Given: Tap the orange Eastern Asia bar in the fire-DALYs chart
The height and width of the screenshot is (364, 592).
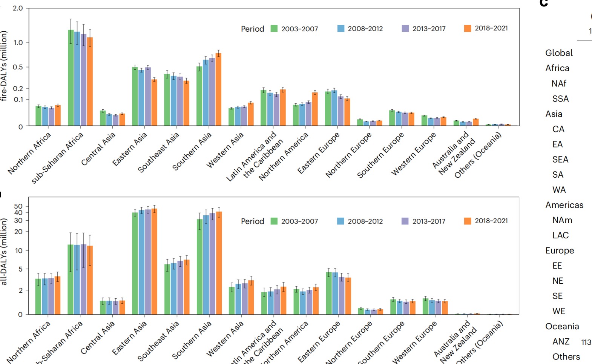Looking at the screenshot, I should (x=154, y=102).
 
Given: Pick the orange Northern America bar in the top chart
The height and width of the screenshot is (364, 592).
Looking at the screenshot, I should (x=315, y=109).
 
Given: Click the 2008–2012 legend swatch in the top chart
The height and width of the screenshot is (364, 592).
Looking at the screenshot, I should (x=341, y=29).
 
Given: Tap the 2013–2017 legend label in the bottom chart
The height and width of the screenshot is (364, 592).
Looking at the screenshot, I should (x=429, y=221).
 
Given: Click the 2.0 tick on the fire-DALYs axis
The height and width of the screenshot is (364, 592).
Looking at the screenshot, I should (x=18, y=8).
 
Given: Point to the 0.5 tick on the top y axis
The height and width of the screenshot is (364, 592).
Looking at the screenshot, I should (x=18, y=67).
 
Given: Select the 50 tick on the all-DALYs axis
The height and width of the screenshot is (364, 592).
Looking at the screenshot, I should (x=18, y=206).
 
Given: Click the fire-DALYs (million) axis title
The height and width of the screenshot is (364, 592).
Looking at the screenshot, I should (x=4, y=66).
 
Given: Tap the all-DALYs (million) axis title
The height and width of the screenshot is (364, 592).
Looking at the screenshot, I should (x=4, y=251).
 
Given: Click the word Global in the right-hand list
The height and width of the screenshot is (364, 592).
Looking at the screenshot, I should (x=559, y=53).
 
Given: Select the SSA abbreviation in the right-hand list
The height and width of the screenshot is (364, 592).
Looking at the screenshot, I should (x=560, y=99).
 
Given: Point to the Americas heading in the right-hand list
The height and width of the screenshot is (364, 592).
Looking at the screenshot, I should (x=564, y=205).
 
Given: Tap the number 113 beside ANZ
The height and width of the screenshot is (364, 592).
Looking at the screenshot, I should (x=586, y=342).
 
